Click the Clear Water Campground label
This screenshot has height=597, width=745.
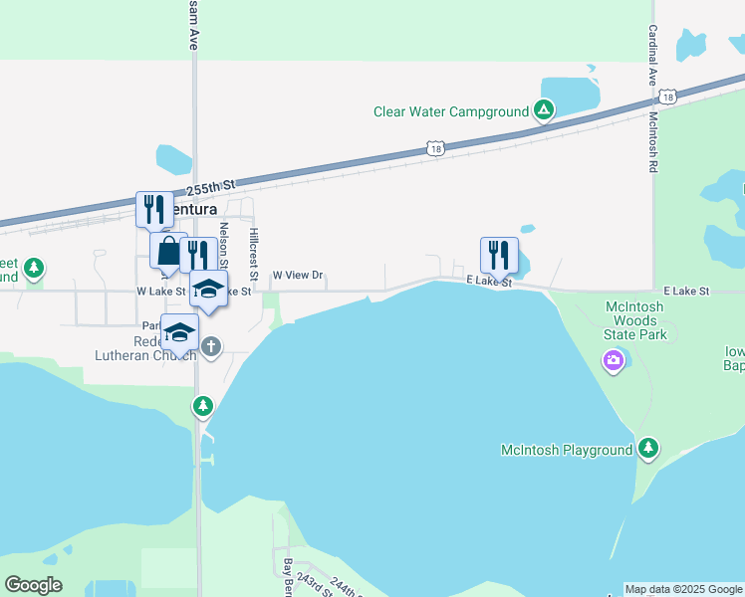click(x=450, y=111)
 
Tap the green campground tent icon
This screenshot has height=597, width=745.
click(x=543, y=110)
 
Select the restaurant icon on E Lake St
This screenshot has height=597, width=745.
click(x=499, y=256)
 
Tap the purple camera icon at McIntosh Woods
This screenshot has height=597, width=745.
click(x=614, y=359)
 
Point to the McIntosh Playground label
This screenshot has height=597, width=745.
click(x=566, y=450)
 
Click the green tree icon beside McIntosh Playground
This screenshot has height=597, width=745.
click(x=648, y=449)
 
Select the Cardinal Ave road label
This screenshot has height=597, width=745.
click(x=652, y=57)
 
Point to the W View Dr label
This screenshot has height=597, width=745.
click(x=299, y=276)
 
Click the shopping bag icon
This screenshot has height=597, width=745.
click(x=168, y=251)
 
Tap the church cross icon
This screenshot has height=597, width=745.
click(x=210, y=346)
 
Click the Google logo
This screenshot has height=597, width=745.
click(x=33, y=585)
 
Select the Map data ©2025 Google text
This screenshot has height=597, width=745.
click(x=683, y=589)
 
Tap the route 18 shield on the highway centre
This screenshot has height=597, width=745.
click(x=435, y=149)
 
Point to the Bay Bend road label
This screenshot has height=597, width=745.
click(x=289, y=575)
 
